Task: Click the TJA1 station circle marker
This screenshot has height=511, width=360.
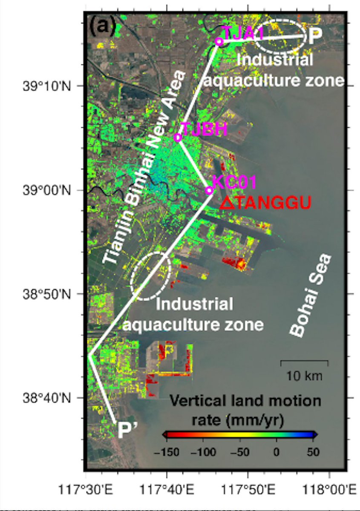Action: (x=219, y=41)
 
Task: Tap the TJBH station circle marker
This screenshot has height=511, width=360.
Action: (x=178, y=137)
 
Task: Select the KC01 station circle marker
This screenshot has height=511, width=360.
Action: (x=209, y=190)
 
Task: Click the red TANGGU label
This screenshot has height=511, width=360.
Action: (x=265, y=203)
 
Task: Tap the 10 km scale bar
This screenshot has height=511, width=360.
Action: (x=304, y=362)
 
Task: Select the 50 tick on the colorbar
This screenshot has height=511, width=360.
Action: (x=313, y=451)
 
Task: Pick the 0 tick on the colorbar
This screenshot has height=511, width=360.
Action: (x=276, y=451)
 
